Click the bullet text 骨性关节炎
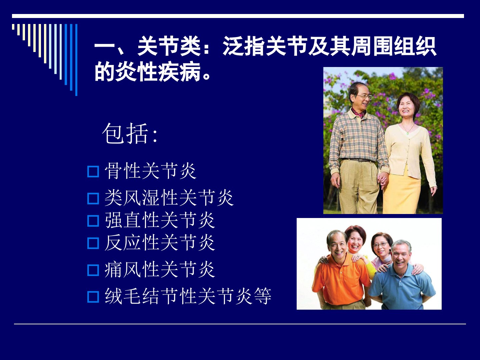tap(150, 171)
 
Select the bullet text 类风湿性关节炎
tap(169, 198)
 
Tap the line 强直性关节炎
tap(160, 220)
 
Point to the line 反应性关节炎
tap(160, 243)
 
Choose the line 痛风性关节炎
tap(160, 270)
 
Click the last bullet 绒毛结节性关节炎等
tap(188, 296)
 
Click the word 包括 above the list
tap(125, 133)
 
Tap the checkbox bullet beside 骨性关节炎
tap(93, 172)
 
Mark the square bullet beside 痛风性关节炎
tap(93, 270)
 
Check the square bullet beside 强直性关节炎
tap(93, 221)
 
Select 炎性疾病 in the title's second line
tap(158, 71)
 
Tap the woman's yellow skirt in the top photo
tap(402, 192)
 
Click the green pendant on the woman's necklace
tap(407, 133)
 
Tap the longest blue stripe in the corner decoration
tap(76, 60)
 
